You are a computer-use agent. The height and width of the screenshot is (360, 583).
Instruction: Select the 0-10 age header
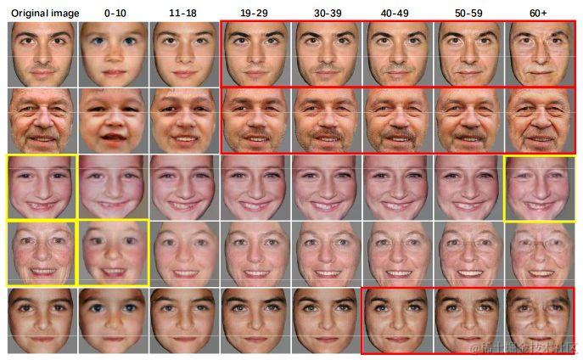114,13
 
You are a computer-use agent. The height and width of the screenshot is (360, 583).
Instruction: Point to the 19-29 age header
255,13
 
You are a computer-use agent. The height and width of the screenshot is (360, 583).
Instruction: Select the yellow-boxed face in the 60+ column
540,187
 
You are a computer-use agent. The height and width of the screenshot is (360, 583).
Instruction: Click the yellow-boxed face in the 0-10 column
114,253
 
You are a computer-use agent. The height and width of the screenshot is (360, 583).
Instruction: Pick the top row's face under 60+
541,53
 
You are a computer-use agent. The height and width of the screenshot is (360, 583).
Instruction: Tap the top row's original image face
42,53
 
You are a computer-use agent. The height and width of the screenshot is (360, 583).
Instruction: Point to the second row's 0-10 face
114,120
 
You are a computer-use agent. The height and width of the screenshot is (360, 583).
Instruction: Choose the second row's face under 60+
541,120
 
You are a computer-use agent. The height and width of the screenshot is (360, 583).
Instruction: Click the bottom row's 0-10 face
114,320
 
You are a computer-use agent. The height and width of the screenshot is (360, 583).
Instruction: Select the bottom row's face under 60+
540,320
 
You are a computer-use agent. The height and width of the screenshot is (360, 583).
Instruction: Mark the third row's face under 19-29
255,187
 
